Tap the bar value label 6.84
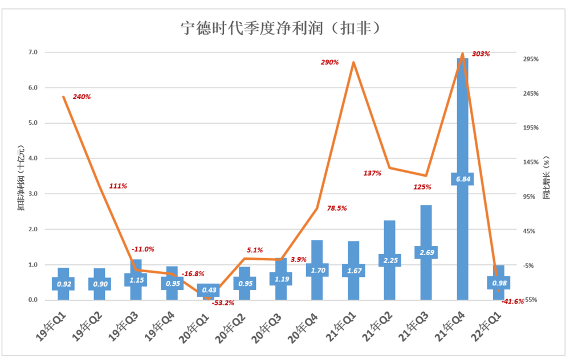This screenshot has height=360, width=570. click(462, 179)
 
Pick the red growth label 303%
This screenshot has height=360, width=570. click(481, 54)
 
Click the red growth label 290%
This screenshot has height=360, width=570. click(330, 62)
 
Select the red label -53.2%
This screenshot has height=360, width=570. click(223, 302)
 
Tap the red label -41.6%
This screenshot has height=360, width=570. click(512, 301)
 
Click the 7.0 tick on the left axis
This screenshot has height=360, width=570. click(33, 52)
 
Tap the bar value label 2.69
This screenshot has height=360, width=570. click(426, 252)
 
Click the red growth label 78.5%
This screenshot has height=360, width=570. click(337, 208)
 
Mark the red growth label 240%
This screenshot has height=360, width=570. click(82, 97)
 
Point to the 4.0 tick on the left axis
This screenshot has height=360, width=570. click(33, 158)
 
